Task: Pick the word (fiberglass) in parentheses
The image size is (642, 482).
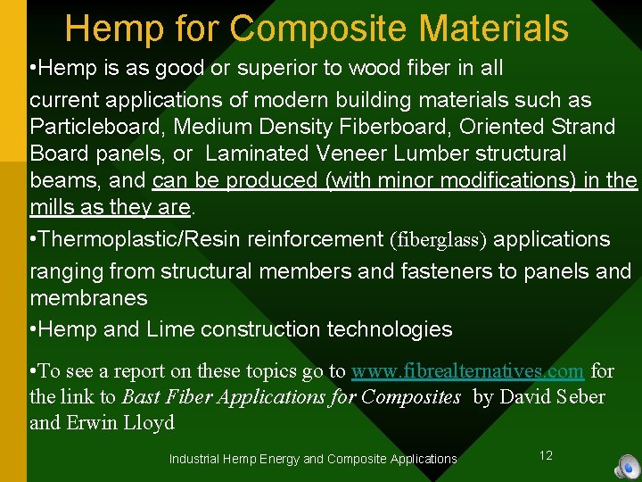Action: (x=438, y=240)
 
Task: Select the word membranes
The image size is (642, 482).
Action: (x=88, y=296)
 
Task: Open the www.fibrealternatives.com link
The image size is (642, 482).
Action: (x=468, y=370)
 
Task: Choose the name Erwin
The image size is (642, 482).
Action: (x=94, y=423)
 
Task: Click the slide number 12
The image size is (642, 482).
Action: (x=546, y=455)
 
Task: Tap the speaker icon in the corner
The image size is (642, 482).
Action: (x=628, y=467)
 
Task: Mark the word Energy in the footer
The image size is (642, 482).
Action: (x=277, y=459)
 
